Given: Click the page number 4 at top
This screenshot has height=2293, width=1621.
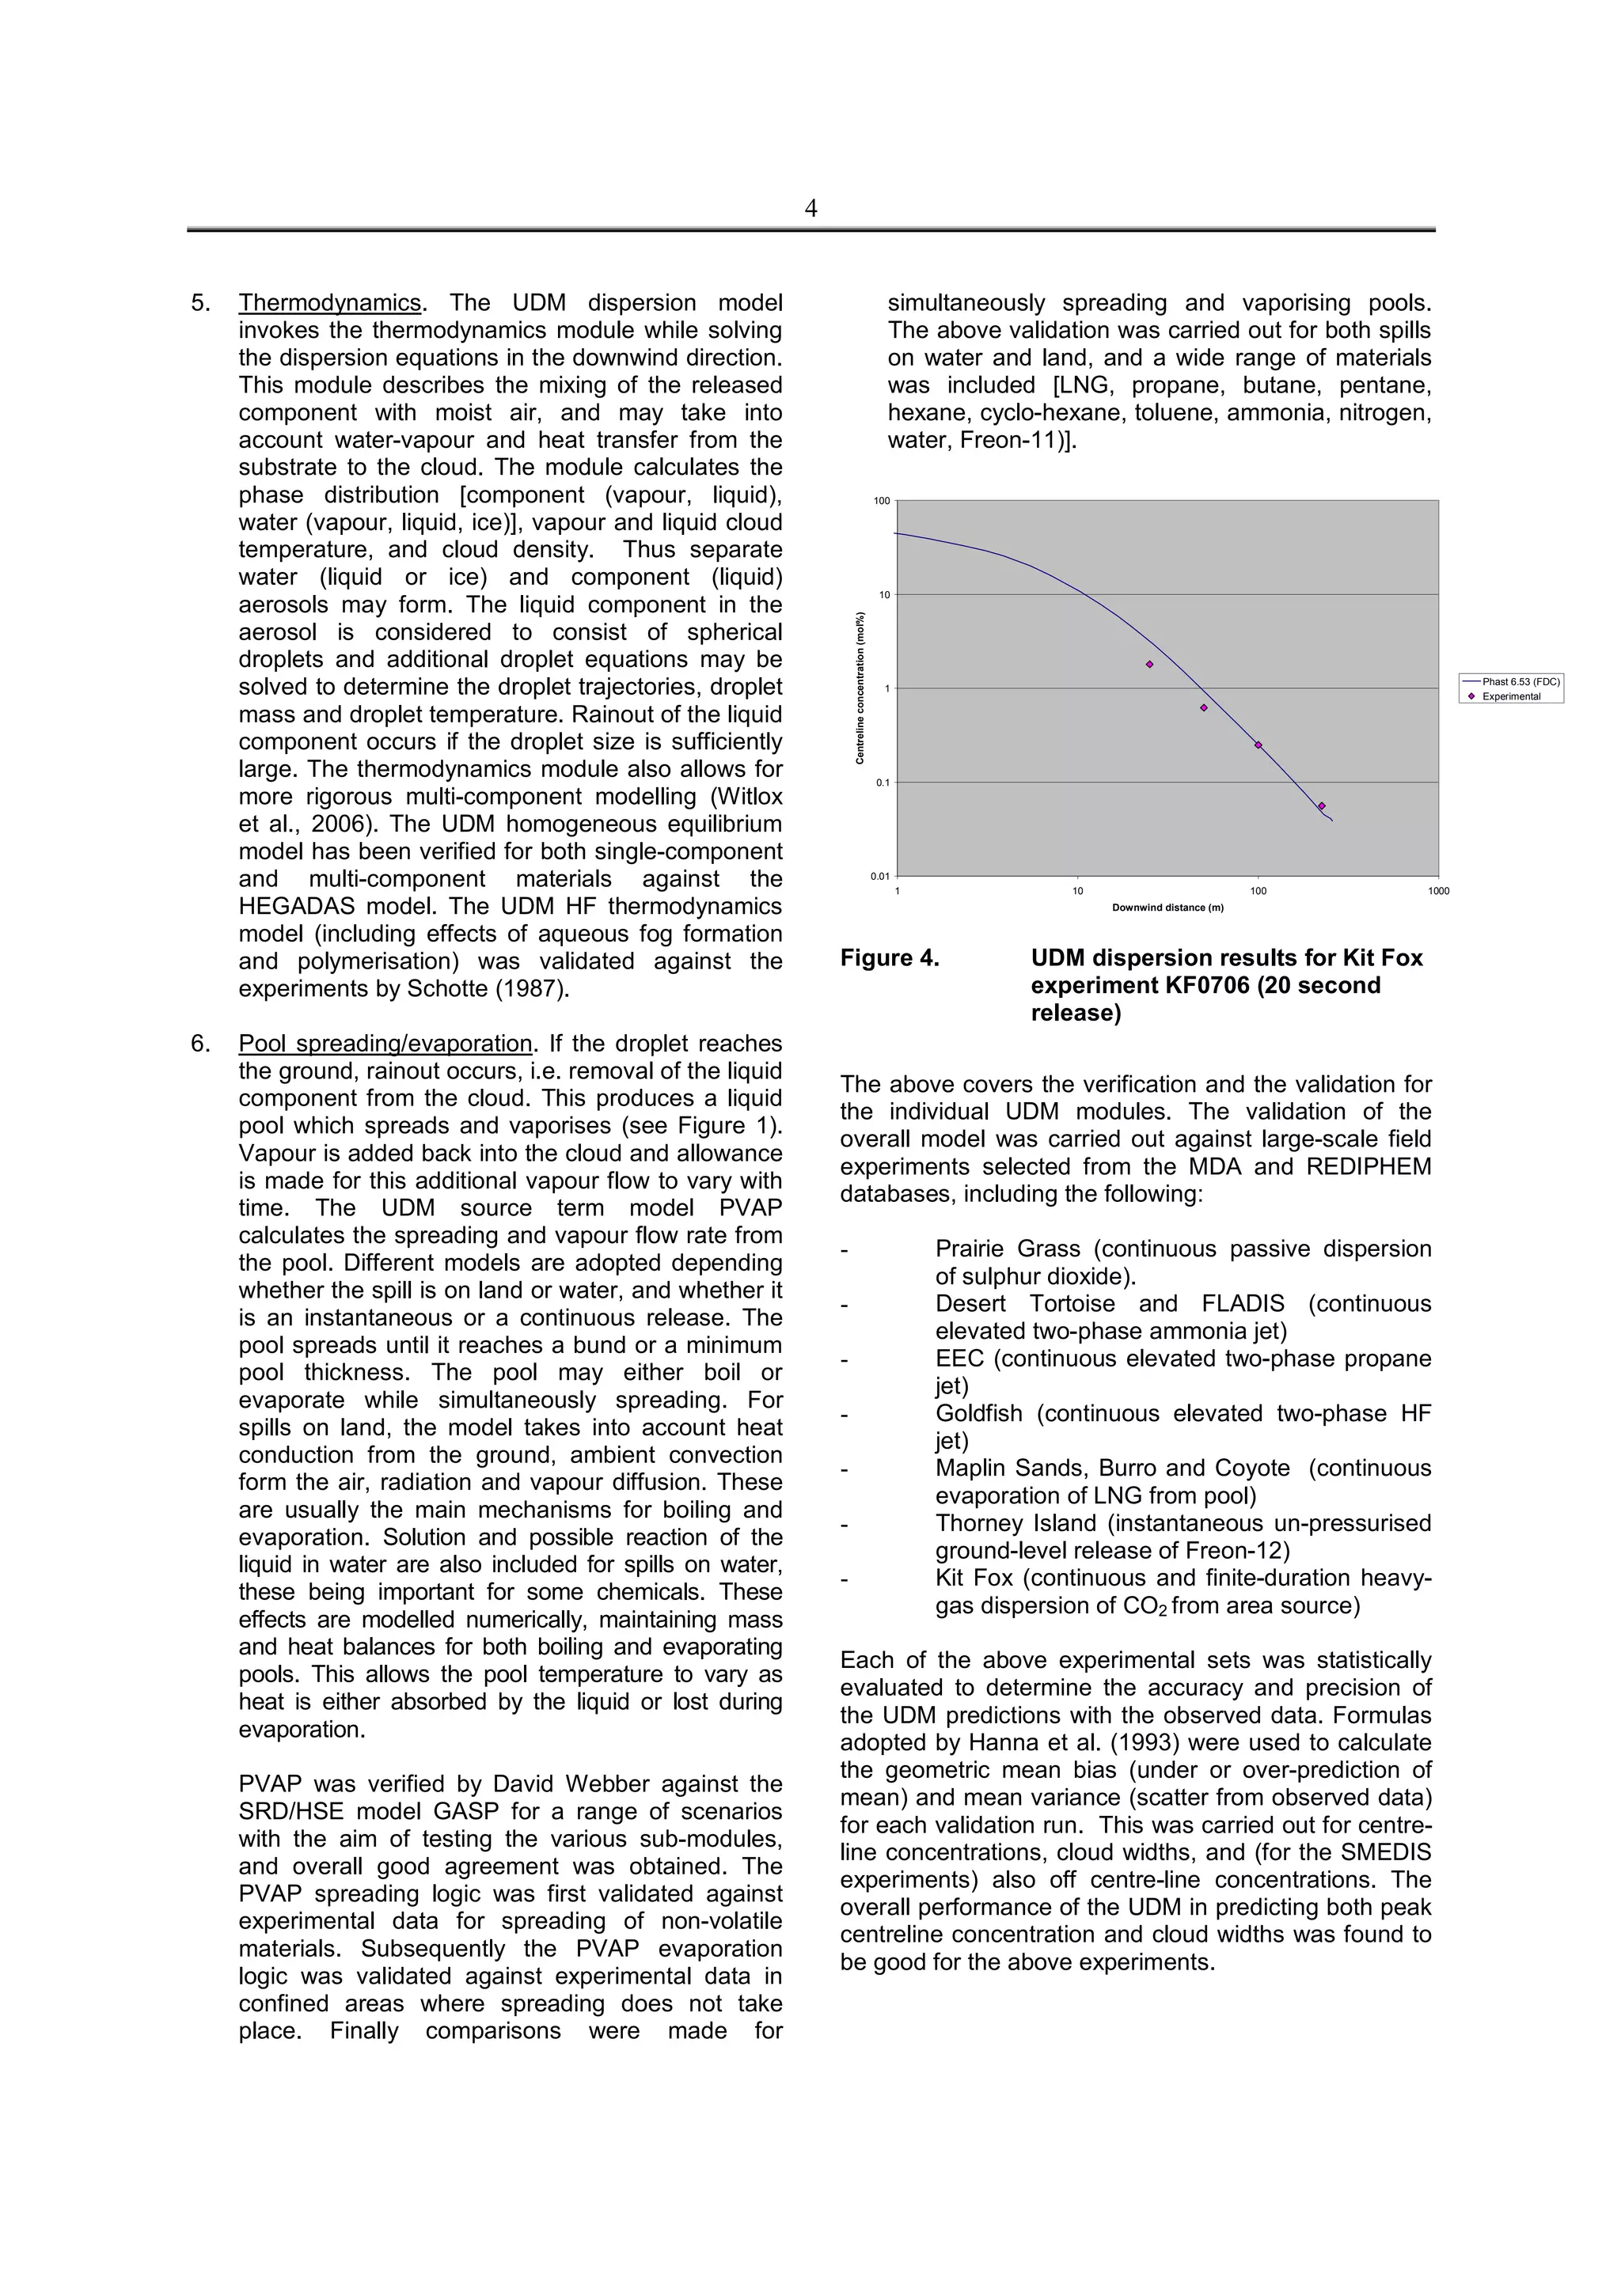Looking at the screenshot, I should tap(810, 208).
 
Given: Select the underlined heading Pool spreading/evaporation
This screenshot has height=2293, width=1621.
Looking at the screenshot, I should tap(385, 1044).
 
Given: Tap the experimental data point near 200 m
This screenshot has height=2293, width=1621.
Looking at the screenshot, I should tap(1321, 806).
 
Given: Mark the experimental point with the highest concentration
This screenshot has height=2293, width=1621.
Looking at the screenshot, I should tap(1149, 664).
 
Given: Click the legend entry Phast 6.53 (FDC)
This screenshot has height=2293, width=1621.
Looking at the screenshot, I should tap(1519, 682).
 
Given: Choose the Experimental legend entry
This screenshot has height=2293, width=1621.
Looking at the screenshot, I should tap(1510, 696).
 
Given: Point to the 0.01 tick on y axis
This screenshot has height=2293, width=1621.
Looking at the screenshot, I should tap(879, 876).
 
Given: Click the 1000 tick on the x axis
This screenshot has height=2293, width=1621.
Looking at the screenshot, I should tap(1438, 891).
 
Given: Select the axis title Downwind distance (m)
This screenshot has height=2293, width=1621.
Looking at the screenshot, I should tap(1167, 908).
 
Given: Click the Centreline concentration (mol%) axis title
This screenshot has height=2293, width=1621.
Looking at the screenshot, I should tap(860, 688).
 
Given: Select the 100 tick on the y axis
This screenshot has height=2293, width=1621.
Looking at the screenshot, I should tap(881, 500).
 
